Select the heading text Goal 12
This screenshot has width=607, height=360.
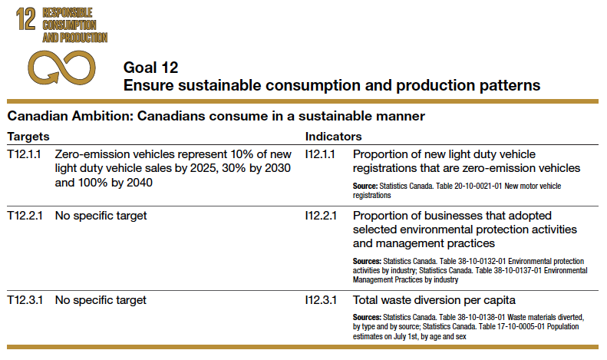pos(151,67)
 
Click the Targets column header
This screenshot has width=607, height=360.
pos(28,136)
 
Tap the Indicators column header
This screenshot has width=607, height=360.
pos(334,136)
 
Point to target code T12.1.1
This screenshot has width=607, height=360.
pos(25,154)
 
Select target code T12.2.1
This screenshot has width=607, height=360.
pos(25,216)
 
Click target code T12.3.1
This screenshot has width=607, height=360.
pos(25,299)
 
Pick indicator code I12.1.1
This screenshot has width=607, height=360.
pos(322,154)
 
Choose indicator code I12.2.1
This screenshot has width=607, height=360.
pos(322,216)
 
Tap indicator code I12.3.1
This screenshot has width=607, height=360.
pos(322,299)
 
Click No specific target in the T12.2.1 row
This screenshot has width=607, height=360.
pos(101,216)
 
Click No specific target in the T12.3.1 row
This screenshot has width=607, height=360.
pos(101,299)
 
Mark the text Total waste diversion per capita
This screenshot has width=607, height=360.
pos(434,299)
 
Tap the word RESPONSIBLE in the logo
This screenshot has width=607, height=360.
pos(67,13)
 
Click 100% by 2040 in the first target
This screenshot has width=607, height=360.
pos(117,183)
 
